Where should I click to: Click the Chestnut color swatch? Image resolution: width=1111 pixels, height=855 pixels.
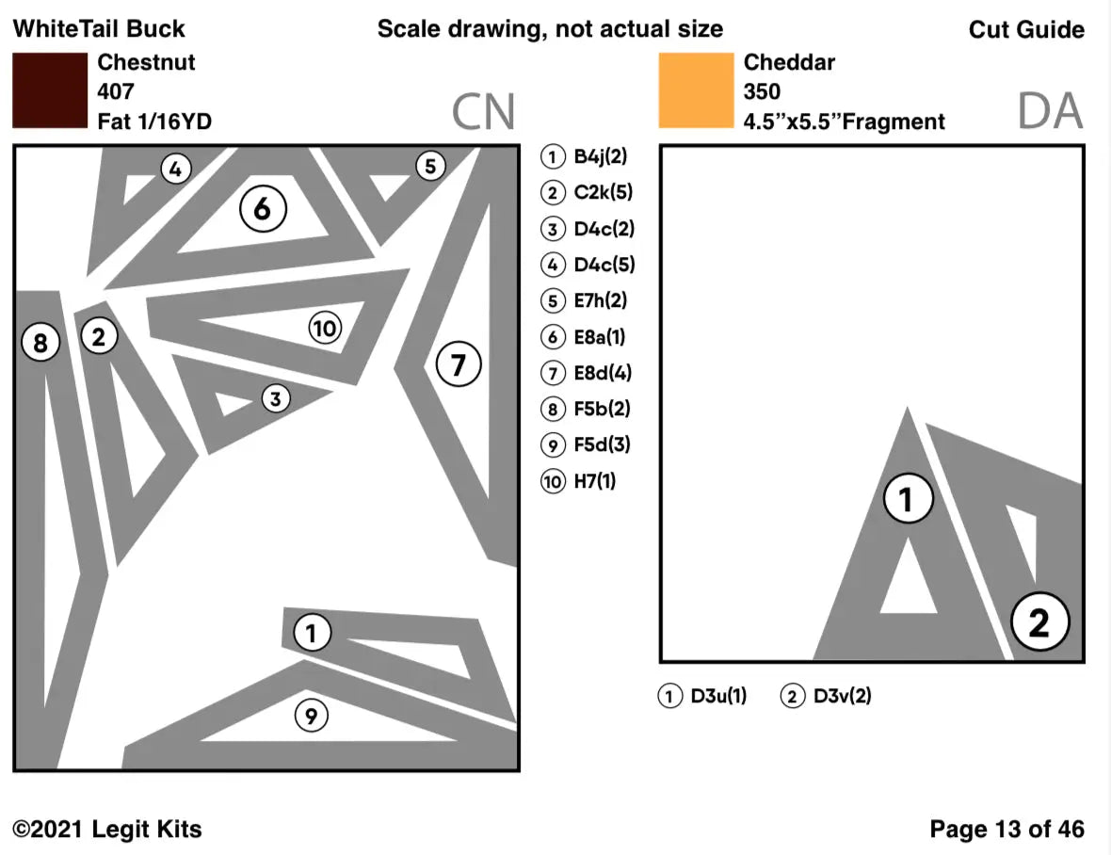[x=50, y=90]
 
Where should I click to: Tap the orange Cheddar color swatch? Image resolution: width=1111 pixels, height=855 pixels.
[x=696, y=90]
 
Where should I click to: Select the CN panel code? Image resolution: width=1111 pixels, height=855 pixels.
[x=483, y=112]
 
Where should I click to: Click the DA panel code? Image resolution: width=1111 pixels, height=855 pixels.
[x=1050, y=112]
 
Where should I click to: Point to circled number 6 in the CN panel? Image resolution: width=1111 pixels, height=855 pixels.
[x=262, y=209]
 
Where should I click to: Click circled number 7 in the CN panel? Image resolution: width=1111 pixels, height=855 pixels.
[x=458, y=363]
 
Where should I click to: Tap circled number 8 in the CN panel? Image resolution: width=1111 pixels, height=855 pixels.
[x=40, y=343]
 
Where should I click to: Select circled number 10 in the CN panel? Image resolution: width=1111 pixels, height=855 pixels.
[x=324, y=329]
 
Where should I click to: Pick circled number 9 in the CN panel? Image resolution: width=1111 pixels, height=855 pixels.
[x=312, y=717]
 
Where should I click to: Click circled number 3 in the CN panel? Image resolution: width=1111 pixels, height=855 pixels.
[x=274, y=399]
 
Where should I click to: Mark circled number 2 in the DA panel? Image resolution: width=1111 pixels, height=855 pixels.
[x=1038, y=622]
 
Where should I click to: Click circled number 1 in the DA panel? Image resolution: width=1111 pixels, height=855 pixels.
[x=908, y=500]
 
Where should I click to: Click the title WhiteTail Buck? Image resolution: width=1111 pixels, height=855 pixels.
[x=99, y=29]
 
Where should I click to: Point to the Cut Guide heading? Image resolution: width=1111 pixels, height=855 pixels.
[x=1026, y=29]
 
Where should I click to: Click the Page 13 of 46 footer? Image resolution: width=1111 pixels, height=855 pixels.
[x=1006, y=830]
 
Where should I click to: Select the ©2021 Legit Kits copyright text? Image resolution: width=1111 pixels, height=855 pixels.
[x=107, y=830]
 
